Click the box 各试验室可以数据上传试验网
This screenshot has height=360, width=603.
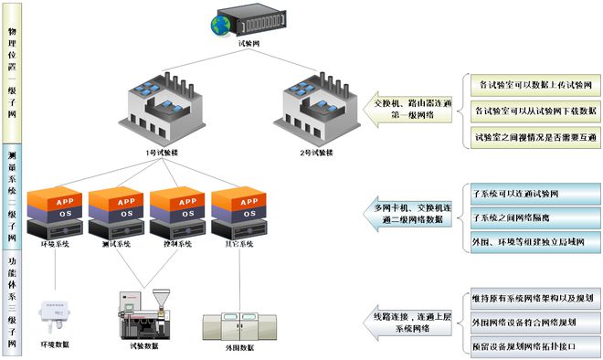pyautogui.click(x=534, y=84)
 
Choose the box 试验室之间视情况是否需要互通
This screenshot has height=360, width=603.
pyautogui.click(x=534, y=136)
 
